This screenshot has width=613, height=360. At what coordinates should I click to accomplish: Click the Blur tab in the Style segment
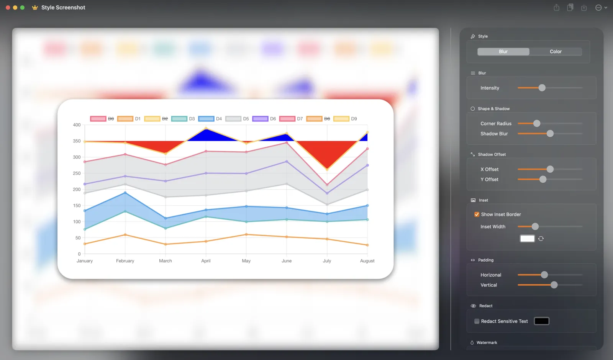[503, 52]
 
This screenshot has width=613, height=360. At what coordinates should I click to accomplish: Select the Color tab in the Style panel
[556, 52]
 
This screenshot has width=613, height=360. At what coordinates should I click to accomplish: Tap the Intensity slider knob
[542, 88]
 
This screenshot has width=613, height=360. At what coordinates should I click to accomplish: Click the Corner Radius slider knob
[537, 123]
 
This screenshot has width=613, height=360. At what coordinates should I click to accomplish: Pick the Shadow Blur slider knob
[550, 134]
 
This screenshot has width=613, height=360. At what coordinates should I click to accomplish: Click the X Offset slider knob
[550, 169]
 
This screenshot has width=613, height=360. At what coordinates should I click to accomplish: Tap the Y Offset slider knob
[543, 179]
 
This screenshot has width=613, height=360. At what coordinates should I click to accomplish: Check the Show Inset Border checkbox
[477, 214]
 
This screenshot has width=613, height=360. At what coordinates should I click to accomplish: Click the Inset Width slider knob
[535, 227]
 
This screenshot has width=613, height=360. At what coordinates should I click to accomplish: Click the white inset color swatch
[527, 239]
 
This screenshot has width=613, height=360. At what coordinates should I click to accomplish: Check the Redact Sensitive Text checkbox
[477, 321]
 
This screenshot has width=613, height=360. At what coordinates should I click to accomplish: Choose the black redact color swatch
[541, 321]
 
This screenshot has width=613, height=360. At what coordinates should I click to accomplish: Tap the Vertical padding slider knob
[554, 285]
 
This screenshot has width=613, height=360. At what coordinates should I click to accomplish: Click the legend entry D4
[210, 119]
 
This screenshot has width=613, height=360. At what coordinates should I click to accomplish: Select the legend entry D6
[264, 119]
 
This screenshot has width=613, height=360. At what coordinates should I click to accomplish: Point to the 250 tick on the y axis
[77, 173]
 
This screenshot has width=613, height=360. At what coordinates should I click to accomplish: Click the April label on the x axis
[206, 261]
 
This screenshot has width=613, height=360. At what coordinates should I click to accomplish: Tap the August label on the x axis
[367, 261]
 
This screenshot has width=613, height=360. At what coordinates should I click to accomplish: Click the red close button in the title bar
[8, 8]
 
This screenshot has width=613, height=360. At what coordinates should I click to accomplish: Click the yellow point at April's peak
[206, 128]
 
